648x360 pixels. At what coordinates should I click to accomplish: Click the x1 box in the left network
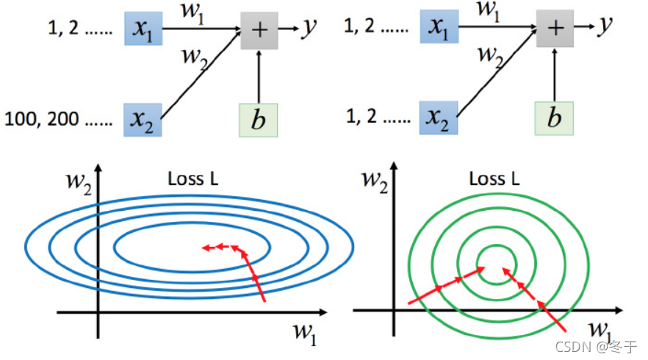pyautogui.click(x=143, y=29)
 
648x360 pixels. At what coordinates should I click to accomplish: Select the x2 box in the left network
pyautogui.click(x=143, y=119)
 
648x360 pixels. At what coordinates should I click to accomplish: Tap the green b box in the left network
pyautogui.click(x=258, y=120)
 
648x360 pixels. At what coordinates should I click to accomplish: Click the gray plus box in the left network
pyautogui.click(x=259, y=30)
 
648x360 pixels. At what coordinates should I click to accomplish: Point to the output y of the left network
pyautogui.click(x=310, y=28)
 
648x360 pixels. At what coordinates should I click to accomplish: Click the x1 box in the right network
pyautogui.click(x=439, y=28)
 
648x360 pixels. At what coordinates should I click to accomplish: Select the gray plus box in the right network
pyautogui.click(x=556, y=28)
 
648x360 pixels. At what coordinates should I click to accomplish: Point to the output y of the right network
pyautogui.click(x=605, y=26)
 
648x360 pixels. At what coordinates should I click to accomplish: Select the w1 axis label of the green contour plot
pyautogui.click(x=602, y=327)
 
